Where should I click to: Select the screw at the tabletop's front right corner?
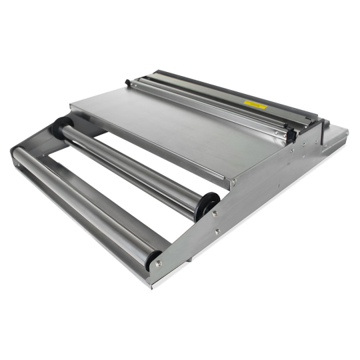pyautogui.click(x=232, y=180)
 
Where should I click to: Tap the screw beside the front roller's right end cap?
pyautogui.click(x=158, y=264)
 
